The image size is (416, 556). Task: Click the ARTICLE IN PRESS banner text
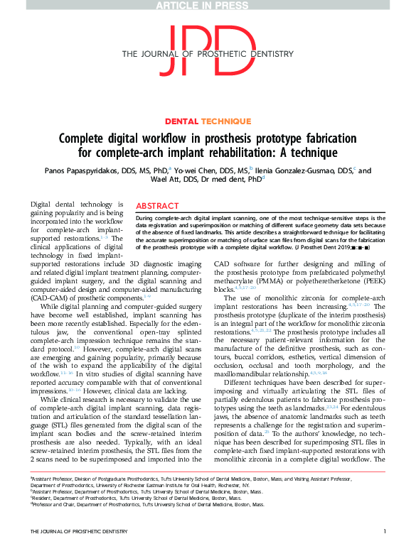(x=208, y=6)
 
